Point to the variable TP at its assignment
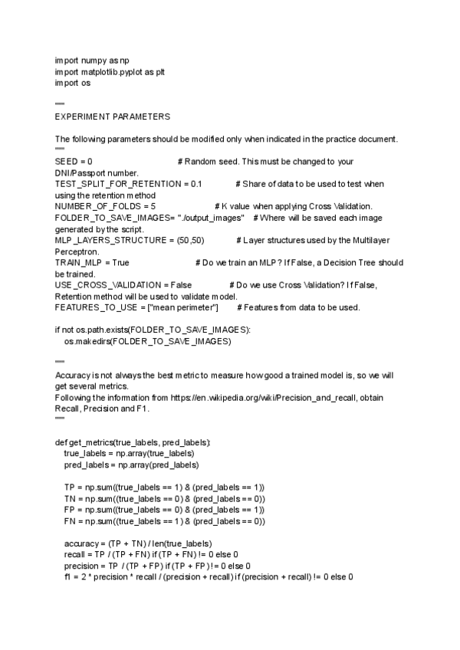(70, 487)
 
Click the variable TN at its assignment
(70, 499)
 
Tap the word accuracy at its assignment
(81, 543)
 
